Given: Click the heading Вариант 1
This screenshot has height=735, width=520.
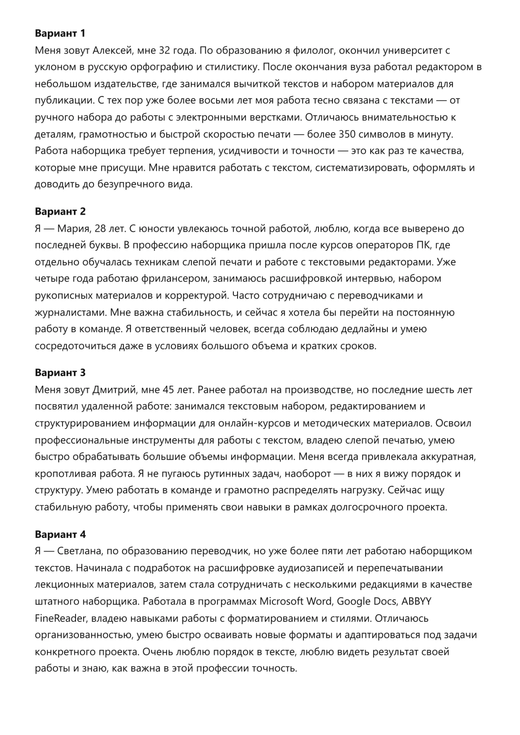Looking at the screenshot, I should click(x=60, y=33).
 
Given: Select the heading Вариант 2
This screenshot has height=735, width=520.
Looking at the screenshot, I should click(x=60, y=211).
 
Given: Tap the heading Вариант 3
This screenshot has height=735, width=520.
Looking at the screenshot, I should click(x=60, y=372).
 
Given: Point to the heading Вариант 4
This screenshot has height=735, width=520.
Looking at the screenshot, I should click(x=60, y=534).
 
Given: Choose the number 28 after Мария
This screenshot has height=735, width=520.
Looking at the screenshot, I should click(x=101, y=229).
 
